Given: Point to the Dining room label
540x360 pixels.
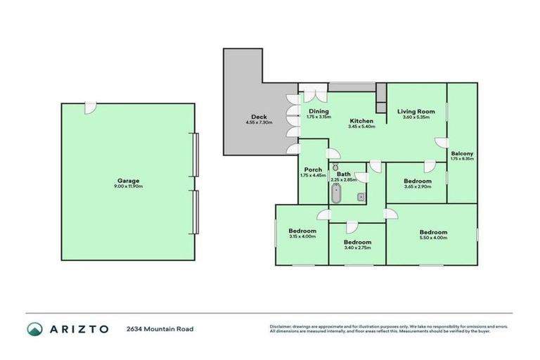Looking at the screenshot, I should click(319, 111).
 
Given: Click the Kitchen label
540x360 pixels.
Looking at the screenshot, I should click(362, 121).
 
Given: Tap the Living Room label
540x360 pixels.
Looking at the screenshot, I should click(416, 111).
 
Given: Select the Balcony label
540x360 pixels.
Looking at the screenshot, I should click(462, 153).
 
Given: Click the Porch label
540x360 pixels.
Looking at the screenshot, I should click(313, 169).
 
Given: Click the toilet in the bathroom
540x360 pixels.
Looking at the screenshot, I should click(335, 167).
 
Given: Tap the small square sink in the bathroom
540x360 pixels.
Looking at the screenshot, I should click(361, 198).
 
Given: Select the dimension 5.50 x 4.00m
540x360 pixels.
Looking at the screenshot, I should click(433, 238).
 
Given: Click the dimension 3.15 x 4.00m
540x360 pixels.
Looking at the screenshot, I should click(302, 236).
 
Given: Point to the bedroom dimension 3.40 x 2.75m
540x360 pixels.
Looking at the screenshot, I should click(358, 248).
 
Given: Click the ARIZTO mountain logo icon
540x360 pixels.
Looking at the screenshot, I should click(33, 328).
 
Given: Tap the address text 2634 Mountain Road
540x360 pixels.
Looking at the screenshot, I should click(160, 328).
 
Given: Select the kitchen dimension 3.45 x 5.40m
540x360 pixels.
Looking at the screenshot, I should click(362, 127).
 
